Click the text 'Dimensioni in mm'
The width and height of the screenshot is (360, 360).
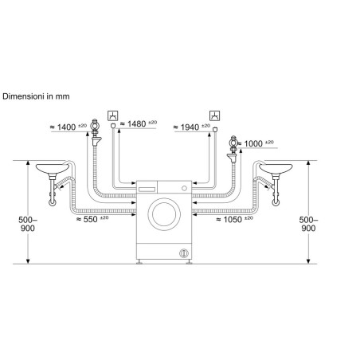(x=36, y=96)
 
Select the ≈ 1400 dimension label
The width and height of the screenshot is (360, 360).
(x=68, y=127)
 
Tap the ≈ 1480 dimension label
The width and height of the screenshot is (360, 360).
(x=139, y=123)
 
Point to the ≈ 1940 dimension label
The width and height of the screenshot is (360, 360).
(x=192, y=127)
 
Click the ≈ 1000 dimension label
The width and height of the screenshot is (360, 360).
(x=256, y=143)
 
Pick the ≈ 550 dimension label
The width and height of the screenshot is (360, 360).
(x=92, y=219)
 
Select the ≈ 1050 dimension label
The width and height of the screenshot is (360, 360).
(x=234, y=220)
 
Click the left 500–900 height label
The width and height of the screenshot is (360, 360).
(x=28, y=224)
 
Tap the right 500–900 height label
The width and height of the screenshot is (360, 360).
(x=308, y=224)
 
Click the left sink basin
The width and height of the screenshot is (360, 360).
(x=53, y=168)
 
